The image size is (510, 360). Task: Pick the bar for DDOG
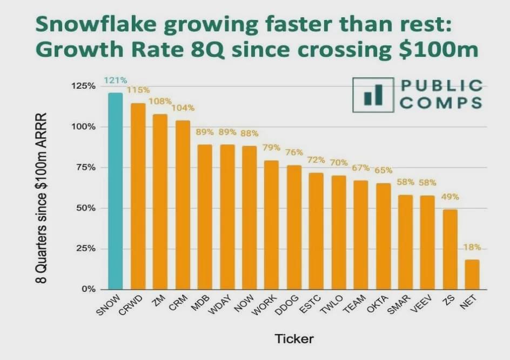pos(294,227)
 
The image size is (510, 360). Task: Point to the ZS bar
pos(450,249)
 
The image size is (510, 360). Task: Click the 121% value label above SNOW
pos(116,81)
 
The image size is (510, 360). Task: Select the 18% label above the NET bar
pos(472,248)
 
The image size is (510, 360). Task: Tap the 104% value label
pos(183,108)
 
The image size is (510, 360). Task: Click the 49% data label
pos(450,197)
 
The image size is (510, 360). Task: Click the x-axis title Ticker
pos(294,339)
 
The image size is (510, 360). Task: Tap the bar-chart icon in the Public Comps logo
pos(373,95)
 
